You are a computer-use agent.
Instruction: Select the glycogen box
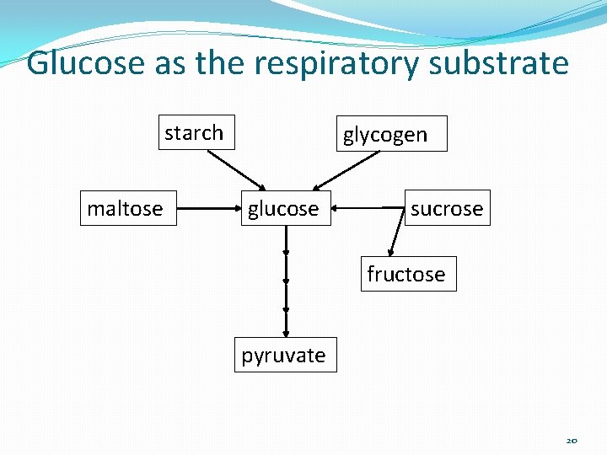[x=393, y=133]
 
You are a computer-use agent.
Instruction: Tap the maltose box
[x=126, y=208]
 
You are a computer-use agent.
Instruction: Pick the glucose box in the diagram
[x=283, y=208]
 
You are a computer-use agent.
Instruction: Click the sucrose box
[x=447, y=208]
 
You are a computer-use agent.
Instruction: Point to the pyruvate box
[x=285, y=355]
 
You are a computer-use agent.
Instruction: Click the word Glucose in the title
[x=85, y=63]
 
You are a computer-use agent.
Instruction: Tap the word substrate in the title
[x=499, y=63]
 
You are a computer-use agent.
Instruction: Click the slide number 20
[x=572, y=441]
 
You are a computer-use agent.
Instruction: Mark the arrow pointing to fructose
[x=395, y=232]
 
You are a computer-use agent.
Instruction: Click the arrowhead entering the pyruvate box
[x=286, y=333]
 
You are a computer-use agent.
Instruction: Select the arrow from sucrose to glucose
[x=368, y=207]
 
